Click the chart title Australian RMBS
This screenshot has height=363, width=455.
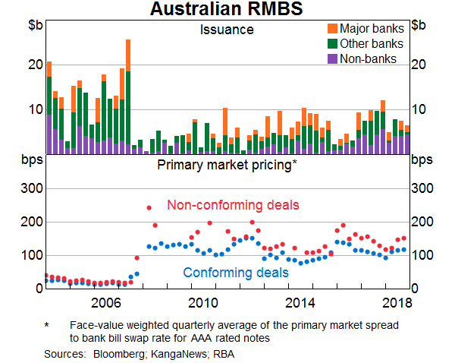tap(227, 10)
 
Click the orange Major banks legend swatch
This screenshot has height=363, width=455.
tap(332, 29)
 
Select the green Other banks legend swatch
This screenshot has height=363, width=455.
tap(332, 43)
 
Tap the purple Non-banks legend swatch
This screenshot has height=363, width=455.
tap(332, 58)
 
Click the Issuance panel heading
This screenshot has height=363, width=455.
tap(227, 30)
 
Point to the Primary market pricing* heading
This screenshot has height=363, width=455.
tap(227, 163)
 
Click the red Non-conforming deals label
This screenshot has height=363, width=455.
tap(233, 205)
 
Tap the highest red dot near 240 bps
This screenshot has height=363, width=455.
tap(149, 207)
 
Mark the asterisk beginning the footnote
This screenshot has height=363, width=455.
tap(47, 324)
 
